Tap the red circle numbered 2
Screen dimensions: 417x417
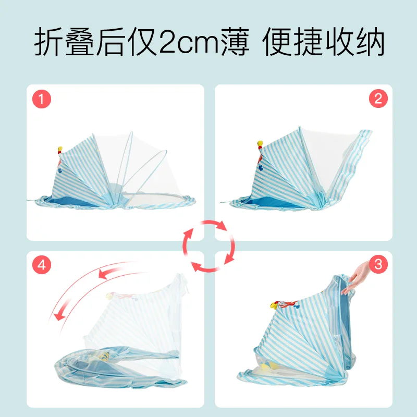click(378, 98)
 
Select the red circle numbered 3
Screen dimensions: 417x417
click(378, 265)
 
